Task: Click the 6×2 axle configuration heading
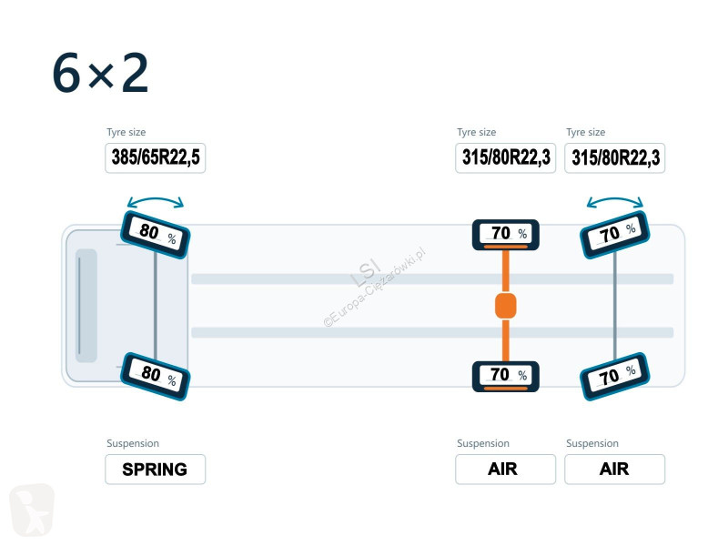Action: [x=100, y=74]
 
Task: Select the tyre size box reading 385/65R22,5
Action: [x=155, y=157]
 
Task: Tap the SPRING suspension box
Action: [x=155, y=470]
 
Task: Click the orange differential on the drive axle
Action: [x=506, y=306]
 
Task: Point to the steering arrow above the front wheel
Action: [x=156, y=199]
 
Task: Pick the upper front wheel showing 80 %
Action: [x=155, y=235]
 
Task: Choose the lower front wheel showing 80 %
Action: [x=155, y=377]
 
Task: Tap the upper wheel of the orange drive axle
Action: [x=506, y=235]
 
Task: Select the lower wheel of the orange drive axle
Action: [x=506, y=377]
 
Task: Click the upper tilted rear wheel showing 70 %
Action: [x=615, y=235]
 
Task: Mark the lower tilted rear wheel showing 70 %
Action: [x=615, y=377]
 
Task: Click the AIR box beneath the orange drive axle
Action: [x=506, y=470]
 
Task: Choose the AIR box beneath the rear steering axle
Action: [x=615, y=470]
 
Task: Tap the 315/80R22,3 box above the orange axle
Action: [x=506, y=157]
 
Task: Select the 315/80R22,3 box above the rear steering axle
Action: [x=615, y=157]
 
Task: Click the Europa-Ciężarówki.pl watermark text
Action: [x=375, y=288]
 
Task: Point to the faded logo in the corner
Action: [x=32, y=510]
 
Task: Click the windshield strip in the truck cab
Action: [x=86, y=306]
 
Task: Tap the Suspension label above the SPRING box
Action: [x=133, y=443]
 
